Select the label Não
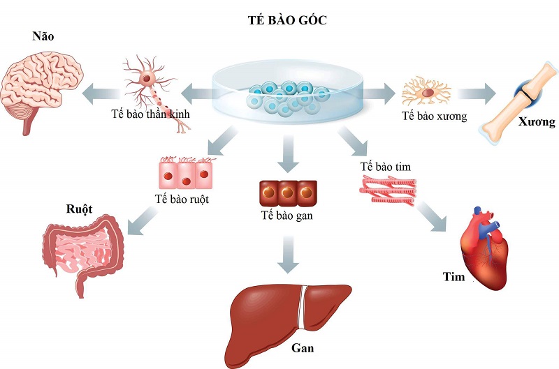pos(43,36)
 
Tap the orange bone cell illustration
pos(427,92)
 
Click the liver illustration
pos(286,314)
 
